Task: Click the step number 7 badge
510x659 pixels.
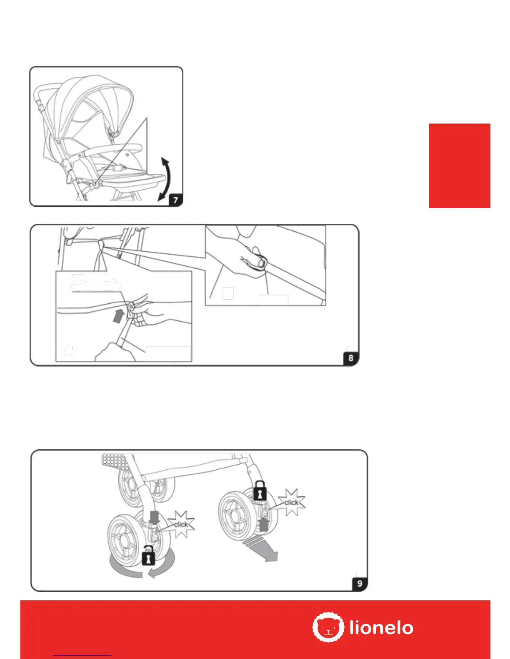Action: click(175, 200)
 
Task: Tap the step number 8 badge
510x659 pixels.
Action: click(351, 358)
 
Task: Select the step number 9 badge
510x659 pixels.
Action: click(360, 584)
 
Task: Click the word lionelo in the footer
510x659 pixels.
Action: click(381, 628)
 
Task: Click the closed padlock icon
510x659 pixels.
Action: click(260, 491)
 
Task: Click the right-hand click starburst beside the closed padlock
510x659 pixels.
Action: click(292, 503)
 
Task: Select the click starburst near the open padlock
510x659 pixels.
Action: click(181, 524)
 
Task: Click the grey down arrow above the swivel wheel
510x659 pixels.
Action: click(155, 518)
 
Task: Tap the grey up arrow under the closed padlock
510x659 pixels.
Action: click(263, 523)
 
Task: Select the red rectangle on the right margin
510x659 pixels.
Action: click(460, 166)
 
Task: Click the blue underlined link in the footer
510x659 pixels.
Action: click(82, 655)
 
